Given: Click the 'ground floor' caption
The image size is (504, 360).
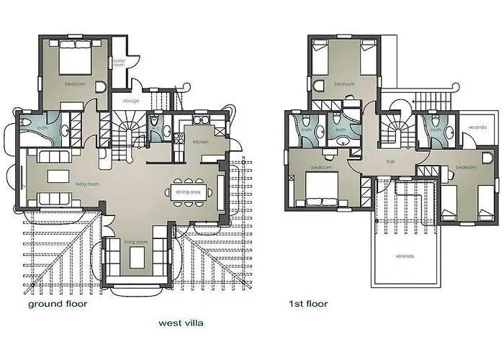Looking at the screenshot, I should click(58, 305).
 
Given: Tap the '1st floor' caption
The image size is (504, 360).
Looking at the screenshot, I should click(307, 304).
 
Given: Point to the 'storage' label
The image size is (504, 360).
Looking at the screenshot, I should click(131, 101).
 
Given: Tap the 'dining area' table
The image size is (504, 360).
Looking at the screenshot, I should click(191, 192).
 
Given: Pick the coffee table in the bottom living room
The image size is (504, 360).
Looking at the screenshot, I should click(136, 256).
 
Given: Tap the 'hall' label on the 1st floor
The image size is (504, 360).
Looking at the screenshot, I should click(390, 162).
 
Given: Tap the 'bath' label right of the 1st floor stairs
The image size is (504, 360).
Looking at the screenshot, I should click(436, 130).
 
